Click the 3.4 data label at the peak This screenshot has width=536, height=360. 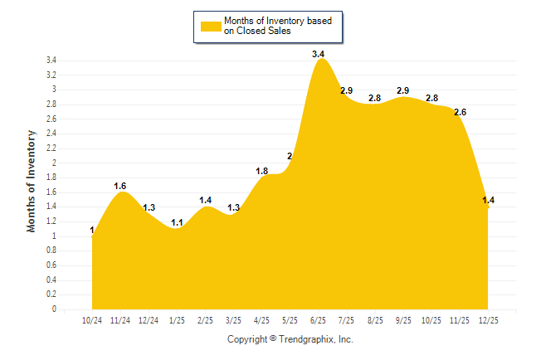pos(319,54)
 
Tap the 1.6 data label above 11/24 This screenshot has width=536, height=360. pos(120,186)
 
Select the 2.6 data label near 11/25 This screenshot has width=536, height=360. pos(460,112)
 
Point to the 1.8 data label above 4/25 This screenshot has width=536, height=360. pos(262,171)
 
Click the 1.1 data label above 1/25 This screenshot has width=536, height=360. pos(177,222)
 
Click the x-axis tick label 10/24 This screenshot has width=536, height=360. pos(92,319)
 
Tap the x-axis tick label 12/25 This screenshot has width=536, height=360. pos(489,319)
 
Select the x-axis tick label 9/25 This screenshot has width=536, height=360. pos(403,319)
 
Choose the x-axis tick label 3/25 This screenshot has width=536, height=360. pos(233,319)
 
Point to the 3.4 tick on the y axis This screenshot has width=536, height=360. pos(51,61)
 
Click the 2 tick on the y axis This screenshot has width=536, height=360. pos(54,163)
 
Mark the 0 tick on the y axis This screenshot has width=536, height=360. pos(54,309)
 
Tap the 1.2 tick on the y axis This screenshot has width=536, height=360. pos(51,221)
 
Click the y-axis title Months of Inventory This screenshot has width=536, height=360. pos(32,181)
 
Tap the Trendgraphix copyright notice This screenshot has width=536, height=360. pos(290,339)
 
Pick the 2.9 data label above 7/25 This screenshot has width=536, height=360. pos(347,90)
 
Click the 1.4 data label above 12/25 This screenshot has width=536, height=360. pos(489,200)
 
